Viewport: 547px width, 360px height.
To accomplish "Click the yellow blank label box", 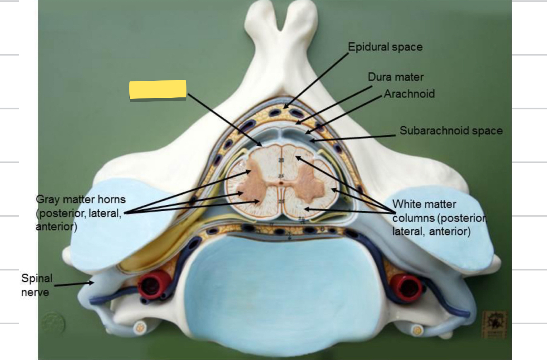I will pos(158,89).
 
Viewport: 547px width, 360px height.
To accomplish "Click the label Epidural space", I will pos(385,47).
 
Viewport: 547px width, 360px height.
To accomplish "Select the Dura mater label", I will pos(396,77).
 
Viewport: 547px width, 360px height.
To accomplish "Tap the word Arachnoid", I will pos(409,94).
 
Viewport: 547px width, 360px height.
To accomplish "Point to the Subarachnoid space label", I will pos(451,130).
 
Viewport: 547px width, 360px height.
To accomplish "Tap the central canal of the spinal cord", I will pos(281,183).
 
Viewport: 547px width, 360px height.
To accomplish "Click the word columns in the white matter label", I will pos(414,218).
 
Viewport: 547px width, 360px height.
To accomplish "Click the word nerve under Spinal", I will pos(35,293).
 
